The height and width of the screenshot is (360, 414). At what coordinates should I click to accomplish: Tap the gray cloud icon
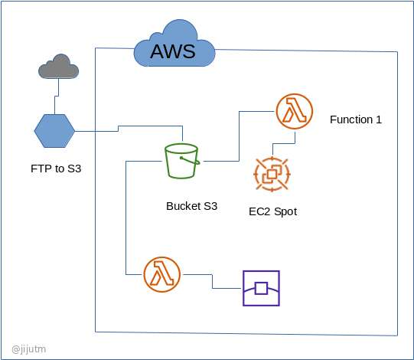58,67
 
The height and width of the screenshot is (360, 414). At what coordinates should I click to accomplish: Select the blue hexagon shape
54,131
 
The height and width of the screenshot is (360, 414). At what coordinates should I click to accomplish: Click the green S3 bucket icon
182,161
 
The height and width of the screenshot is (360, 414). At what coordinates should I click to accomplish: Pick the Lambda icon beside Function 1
295,111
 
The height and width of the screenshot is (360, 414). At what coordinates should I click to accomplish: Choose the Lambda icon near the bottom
162,274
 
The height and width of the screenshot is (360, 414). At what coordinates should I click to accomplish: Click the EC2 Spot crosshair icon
272,174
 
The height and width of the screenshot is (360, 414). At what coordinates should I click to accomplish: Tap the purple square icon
261,288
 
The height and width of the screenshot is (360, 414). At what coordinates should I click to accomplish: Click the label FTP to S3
56,169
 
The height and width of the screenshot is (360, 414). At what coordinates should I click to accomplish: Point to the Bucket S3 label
191,206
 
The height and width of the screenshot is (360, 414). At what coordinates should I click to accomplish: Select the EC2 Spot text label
272,211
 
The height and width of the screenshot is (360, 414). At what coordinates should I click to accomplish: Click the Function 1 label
356,119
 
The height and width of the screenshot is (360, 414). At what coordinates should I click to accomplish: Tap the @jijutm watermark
29,349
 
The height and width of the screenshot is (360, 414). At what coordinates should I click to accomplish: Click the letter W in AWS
174,51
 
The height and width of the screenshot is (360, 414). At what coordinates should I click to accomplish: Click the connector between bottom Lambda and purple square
212,280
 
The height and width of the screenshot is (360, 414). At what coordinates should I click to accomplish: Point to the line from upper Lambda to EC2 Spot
284,143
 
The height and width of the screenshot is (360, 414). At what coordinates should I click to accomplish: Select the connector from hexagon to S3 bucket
119,129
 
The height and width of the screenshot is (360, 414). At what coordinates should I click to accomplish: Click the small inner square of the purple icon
261,288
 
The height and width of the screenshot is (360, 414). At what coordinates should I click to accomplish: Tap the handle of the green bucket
191,161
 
